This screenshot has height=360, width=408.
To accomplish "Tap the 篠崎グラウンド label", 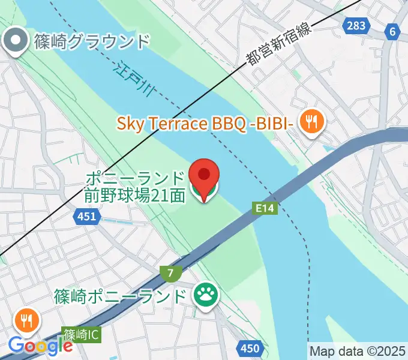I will coord(91,42).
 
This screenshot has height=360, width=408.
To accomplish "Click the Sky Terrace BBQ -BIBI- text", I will coord(205,124).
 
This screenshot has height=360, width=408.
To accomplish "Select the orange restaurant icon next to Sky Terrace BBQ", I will coord(311,123).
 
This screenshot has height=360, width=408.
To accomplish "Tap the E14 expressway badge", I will coord(265,208).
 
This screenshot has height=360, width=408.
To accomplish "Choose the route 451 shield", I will coord(86,215).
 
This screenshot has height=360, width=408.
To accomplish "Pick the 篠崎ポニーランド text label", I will coord(120,296).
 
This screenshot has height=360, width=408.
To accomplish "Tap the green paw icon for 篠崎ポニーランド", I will coord(205,295).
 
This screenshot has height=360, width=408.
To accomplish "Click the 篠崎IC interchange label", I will coord(81,334).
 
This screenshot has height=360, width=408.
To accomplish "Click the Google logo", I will coord(40,346).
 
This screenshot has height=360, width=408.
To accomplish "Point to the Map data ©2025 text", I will coord(357,350).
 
